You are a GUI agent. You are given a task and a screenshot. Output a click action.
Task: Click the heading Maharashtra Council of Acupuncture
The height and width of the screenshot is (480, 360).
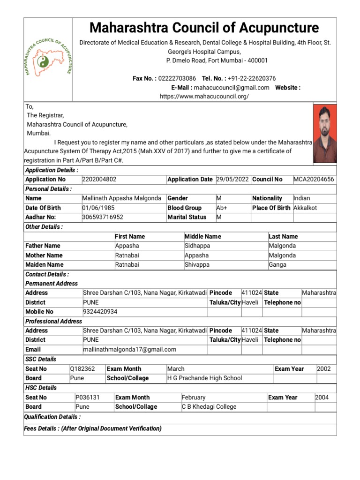(204, 28)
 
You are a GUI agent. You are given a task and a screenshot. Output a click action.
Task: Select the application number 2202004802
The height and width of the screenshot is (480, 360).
(99, 180)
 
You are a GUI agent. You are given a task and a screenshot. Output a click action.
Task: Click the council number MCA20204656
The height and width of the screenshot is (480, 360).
(314, 180)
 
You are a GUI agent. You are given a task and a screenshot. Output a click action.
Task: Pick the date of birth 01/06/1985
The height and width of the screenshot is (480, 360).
(98, 208)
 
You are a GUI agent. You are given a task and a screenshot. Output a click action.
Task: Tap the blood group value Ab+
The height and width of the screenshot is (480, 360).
(222, 208)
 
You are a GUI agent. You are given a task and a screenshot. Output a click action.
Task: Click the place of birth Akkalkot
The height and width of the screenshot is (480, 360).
(309, 208)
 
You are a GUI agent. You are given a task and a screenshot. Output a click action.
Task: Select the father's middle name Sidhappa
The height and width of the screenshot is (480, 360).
(197, 246)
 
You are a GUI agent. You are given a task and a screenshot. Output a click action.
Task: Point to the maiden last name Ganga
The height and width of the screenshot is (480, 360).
(277, 265)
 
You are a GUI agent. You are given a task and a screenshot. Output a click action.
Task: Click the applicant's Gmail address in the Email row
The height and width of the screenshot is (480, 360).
(129, 349)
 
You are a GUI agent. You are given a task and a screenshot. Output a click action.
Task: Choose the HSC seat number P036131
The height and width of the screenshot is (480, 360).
(88, 397)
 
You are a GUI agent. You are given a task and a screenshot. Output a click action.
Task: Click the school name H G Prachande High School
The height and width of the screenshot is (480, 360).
(205, 378)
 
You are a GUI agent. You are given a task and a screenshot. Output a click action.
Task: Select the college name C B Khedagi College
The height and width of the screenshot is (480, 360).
(209, 407)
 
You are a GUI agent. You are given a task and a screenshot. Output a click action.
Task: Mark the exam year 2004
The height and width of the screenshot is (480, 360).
(322, 397)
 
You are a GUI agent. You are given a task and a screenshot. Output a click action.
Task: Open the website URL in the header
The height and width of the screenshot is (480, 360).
(204, 96)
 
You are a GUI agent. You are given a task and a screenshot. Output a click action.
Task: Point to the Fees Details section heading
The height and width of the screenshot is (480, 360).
(93, 428)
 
